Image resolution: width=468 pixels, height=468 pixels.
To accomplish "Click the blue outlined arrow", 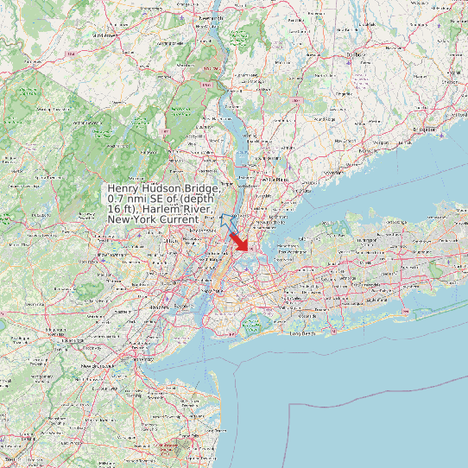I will pyautogui.click(x=228, y=223).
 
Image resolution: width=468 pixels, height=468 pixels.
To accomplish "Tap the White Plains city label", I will pyautogui.click(x=278, y=179).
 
